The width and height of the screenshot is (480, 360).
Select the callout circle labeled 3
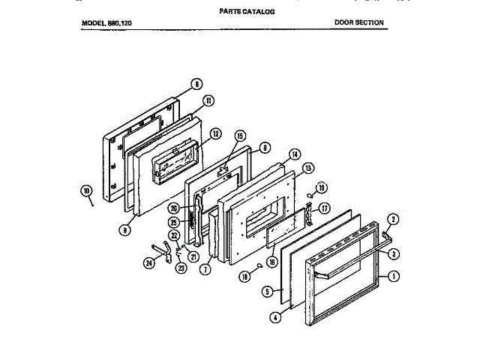pyautogui.click(x=394, y=254)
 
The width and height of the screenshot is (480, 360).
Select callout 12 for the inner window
pyautogui.click(x=215, y=134)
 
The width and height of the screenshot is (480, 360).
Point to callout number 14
pyautogui.click(x=295, y=154)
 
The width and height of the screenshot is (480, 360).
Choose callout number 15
pyautogui.click(x=240, y=136)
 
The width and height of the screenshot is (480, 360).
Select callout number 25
pyautogui.click(x=174, y=223)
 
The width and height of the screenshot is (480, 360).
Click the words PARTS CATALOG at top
pyautogui.click(x=247, y=12)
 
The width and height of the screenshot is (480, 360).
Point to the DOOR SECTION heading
pyautogui.click(x=358, y=22)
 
